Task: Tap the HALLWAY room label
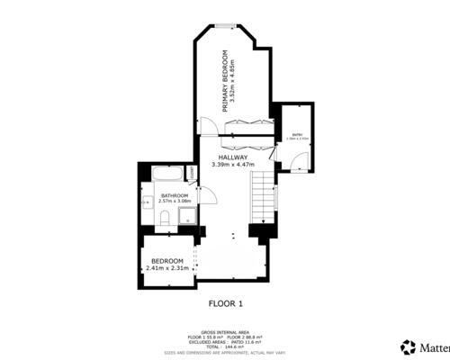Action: click(231, 157)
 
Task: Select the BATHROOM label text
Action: click(175, 195)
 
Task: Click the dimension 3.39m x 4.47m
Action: click(233, 165)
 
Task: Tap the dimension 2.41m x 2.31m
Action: click(166, 268)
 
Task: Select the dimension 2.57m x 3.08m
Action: click(175, 202)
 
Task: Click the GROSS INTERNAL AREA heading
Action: click(226, 331)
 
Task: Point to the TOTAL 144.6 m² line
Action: click(226, 347)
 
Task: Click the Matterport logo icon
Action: click(406, 346)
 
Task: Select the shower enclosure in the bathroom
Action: click(185, 216)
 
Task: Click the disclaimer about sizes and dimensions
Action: click(226, 353)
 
